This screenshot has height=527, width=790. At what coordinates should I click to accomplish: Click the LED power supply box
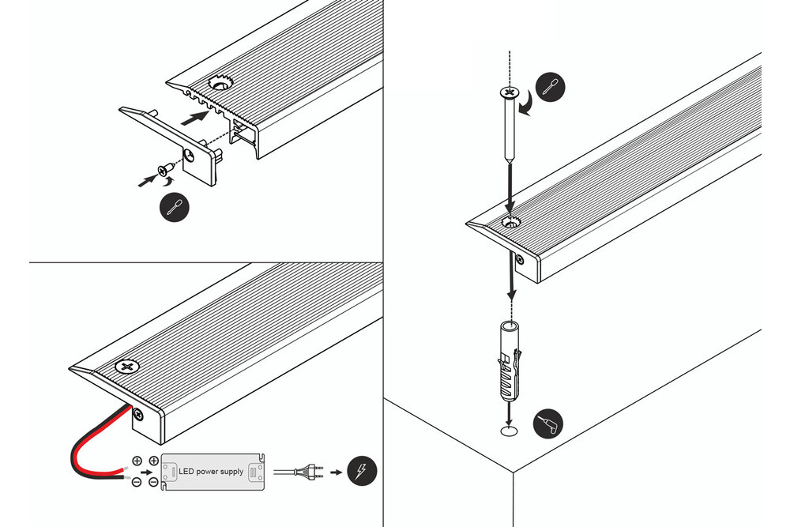click(213, 472)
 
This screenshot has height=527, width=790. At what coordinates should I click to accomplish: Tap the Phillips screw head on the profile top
click(126, 367)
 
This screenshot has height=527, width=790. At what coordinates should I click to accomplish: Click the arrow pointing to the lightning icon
click(335, 472)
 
